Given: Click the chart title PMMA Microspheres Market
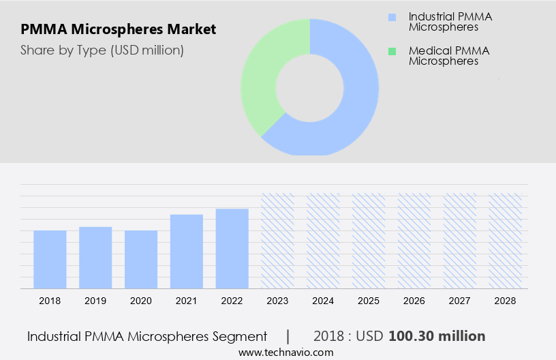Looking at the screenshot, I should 119,29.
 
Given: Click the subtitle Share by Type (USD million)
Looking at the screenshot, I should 102,50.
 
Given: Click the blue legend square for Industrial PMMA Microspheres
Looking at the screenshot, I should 391,16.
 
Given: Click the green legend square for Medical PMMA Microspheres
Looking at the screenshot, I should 391,51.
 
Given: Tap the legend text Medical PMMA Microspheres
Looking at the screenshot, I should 448,56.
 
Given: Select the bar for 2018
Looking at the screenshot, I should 50,259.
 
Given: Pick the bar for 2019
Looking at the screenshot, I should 95,257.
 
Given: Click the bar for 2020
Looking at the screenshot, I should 141,259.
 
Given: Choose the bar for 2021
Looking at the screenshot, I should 187,251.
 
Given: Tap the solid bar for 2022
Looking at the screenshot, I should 232,248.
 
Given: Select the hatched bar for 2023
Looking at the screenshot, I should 278,240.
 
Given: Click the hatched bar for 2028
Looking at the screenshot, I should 506,240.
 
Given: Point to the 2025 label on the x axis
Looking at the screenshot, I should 369,301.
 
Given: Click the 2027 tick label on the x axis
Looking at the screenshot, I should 460,301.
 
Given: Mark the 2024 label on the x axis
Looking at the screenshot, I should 323,301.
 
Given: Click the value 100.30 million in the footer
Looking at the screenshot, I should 437,336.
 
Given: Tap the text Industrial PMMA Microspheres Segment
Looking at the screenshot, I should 147,336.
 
